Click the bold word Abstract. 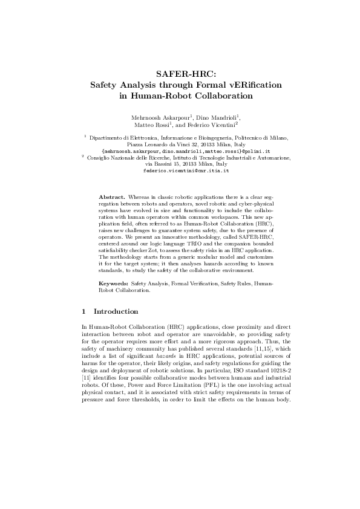pyautogui.click(x=111, y=197)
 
